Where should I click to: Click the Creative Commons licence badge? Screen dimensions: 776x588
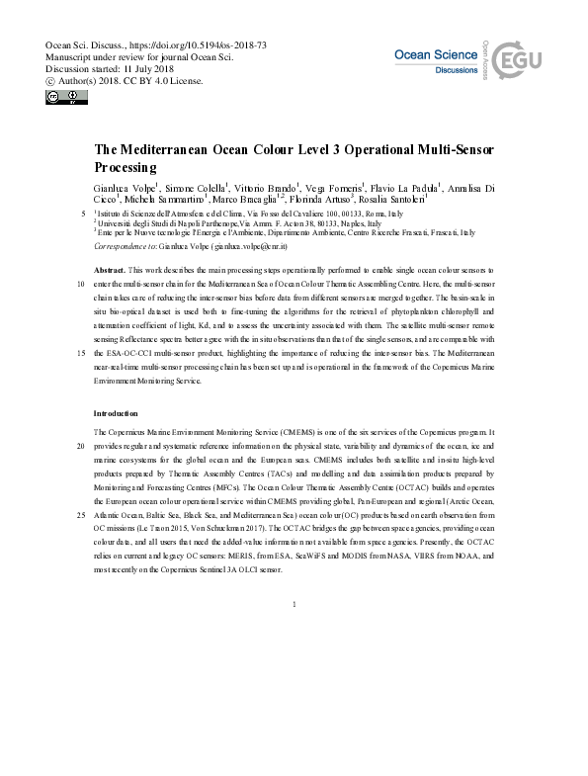61,97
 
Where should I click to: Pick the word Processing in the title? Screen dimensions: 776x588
127,167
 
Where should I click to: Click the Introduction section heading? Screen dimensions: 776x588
116,412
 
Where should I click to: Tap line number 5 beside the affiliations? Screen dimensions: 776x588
79,213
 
